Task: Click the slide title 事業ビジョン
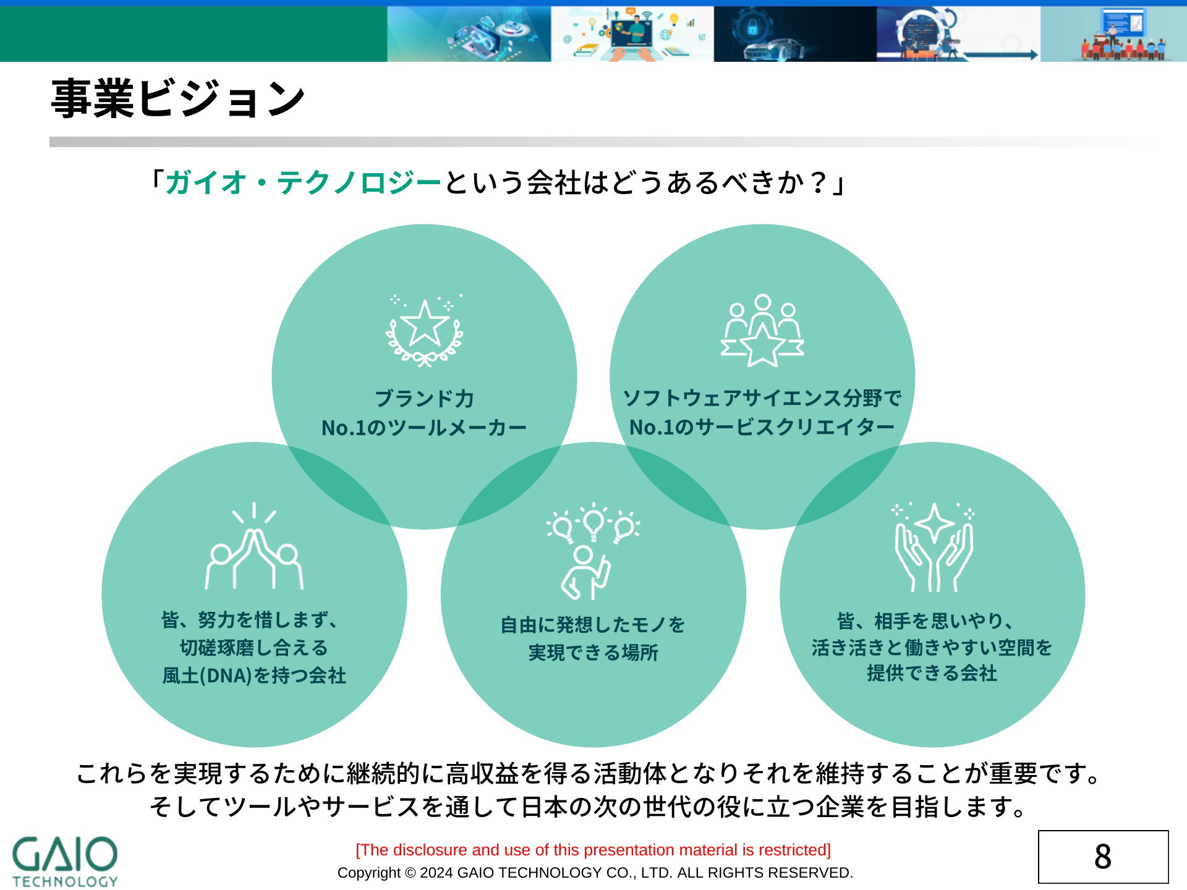pos(178,98)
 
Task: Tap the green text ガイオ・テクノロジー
pos(304,182)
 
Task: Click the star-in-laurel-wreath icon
pos(425,331)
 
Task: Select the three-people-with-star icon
pos(762,331)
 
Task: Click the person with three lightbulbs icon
pos(593,551)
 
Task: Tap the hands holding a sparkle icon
pos(934,548)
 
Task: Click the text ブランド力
pos(425,399)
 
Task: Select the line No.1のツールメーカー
pos(424,428)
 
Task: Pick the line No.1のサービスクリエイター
pos(762,427)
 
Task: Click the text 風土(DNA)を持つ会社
pos(254,676)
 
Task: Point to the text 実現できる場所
pos(593,653)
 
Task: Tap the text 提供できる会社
pos(932,673)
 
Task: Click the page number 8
pos(1103,857)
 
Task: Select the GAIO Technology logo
pos(65,862)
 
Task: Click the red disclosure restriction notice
pos(593,850)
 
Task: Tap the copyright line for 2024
pos(595,873)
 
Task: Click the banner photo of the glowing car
pos(795,34)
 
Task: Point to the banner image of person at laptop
pos(632,34)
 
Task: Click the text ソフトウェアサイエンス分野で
pos(762,398)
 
